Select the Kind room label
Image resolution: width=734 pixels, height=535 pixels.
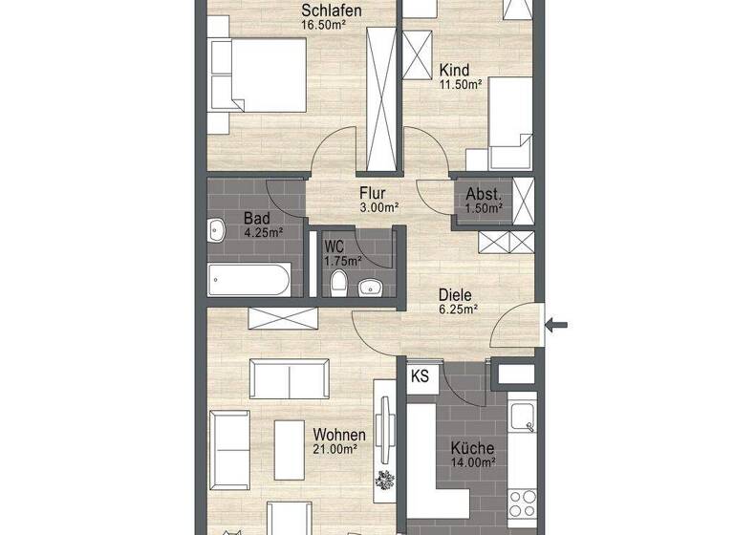pyautogui.click(x=453, y=70)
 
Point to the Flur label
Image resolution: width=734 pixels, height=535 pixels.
pyautogui.click(x=374, y=191)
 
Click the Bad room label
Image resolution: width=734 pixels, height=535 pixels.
pyautogui.click(x=255, y=217)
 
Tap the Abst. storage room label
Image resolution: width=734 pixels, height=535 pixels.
pyautogui.click(x=484, y=193)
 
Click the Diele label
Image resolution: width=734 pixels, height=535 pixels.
pyautogui.click(x=457, y=295)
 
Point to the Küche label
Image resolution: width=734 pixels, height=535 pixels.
pyautogui.click(x=473, y=447)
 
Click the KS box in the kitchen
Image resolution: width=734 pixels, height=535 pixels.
pyautogui.click(x=421, y=376)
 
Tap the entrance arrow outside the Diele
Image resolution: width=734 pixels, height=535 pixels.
pyautogui.click(x=555, y=326)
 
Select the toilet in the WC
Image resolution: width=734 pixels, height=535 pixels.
pyautogui.click(x=336, y=284)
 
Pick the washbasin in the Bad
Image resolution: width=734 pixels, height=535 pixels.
pyautogui.click(x=214, y=228)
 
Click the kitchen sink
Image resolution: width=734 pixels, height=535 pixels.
pyautogui.click(x=522, y=417)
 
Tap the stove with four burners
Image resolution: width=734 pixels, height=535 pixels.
pyautogui.click(x=522, y=503)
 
